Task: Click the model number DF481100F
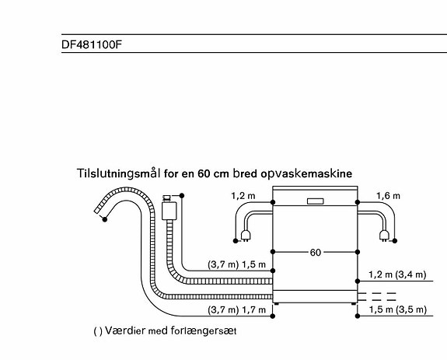pos(92,44)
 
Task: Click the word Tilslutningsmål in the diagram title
pos(118,173)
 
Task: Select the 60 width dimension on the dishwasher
pos(315,252)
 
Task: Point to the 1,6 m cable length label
pos(388,196)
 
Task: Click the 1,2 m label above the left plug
pos(243,196)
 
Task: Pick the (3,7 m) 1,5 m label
pos(236,264)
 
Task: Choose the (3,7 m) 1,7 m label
pos(236,309)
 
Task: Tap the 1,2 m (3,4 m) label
pos(397,274)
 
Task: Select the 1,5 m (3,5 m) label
pos(398,309)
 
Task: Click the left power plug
pos(245,236)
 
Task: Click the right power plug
pos(384,236)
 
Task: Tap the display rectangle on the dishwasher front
pos(316,201)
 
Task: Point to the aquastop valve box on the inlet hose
pos(169,210)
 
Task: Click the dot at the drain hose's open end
pos(105,219)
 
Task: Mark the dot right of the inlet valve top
pos(182,195)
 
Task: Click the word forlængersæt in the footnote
pos(204,330)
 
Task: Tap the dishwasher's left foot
pos(276,304)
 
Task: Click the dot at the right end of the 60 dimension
pos(358,252)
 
